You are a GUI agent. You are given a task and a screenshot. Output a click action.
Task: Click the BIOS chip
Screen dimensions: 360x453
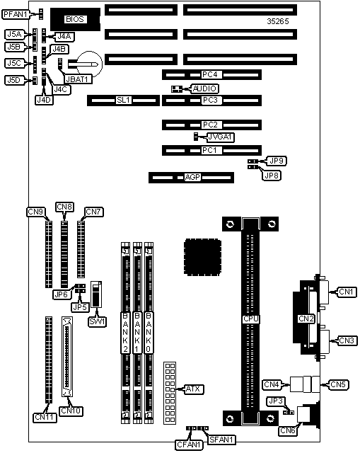click(75, 19)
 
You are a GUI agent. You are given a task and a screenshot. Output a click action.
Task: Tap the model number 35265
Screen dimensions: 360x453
click(278, 21)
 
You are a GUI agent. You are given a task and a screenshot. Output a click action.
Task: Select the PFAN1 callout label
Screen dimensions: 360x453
click(16, 14)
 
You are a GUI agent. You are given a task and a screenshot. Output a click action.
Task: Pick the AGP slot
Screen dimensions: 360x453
click(191, 178)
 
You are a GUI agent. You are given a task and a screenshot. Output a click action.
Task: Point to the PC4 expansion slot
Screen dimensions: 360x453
click(211, 75)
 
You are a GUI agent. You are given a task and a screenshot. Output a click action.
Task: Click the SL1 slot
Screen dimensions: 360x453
click(123, 101)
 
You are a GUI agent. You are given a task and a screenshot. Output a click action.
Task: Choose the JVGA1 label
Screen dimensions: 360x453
click(221, 137)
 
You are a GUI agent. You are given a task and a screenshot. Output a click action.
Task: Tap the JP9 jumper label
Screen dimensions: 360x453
click(277, 161)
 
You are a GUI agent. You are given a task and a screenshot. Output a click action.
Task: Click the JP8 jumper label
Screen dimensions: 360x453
click(272, 176)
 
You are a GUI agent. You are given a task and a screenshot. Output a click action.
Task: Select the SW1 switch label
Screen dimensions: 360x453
click(98, 322)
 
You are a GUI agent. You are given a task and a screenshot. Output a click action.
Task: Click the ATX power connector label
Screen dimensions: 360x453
click(193, 389)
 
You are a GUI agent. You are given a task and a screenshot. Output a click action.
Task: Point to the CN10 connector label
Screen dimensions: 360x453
click(71, 411)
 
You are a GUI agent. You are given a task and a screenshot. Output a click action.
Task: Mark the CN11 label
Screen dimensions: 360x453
click(45, 418)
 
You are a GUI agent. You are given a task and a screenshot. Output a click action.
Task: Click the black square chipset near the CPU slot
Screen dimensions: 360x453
click(203, 257)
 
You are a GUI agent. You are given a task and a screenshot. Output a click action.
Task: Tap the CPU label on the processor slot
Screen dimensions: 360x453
click(250, 319)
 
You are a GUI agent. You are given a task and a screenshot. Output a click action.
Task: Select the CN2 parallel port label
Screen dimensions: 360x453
click(306, 319)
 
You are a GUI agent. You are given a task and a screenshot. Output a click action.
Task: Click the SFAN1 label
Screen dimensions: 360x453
click(222, 440)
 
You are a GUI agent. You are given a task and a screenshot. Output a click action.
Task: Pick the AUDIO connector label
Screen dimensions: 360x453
click(204, 88)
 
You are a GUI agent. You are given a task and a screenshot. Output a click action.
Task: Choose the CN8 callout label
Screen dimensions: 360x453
click(64, 207)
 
